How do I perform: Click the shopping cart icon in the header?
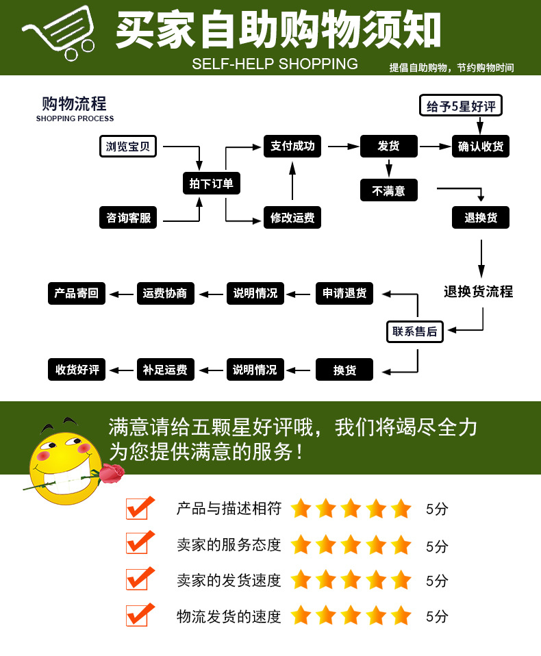(x=58, y=34)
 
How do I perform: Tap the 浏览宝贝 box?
(x=128, y=147)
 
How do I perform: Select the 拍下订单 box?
(x=212, y=183)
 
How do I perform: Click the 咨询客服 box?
(x=128, y=218)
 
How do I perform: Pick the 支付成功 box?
(x=292, y=146)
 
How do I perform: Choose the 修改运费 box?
(x=292, y=218)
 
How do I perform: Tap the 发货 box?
(x=388, y=147)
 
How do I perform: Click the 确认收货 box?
(x=481, y=147)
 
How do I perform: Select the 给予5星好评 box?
(x=460, y=106)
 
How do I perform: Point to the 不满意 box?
(x=388, y=190)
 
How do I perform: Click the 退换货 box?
(x=481, y=218)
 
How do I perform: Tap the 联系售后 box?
(x=414, y=331)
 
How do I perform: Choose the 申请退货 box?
(x=344, y=294)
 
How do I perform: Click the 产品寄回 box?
(x=77, y=293)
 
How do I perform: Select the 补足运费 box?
(x=165, y=370)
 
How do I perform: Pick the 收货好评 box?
(x=77, y=370)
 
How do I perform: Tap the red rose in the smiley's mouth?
(x=112, y=472)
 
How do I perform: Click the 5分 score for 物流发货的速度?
(x=437, y=616)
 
